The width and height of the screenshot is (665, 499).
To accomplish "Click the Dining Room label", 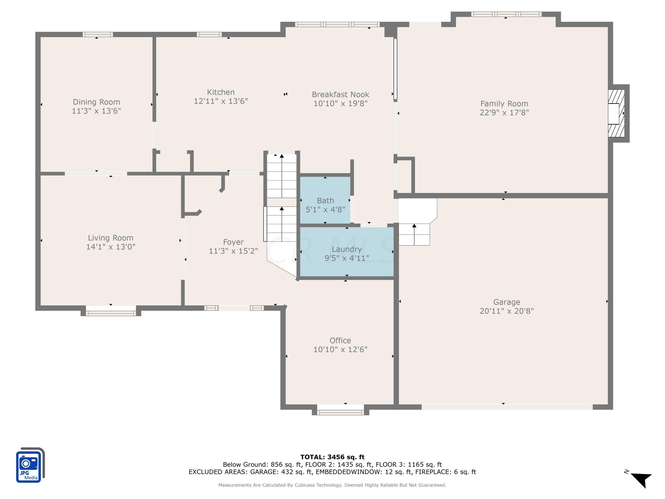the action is pyautogui.click(x=96, y=102).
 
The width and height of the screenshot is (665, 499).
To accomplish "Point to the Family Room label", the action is pyautogui.click(x=504, y=104).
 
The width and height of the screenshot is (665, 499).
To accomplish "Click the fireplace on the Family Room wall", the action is pyautogui.click(x=616, y=113).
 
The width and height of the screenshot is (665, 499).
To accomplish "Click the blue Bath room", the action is pyautogui.click(x=325, y=200).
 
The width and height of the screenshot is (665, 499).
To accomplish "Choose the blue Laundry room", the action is pyautogui.click(x=347, y=251).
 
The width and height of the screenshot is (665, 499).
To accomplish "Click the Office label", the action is pyautogui.click(x=340, y=340).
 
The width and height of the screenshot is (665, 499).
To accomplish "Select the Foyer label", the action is pyautogui.click(x=233, y=242).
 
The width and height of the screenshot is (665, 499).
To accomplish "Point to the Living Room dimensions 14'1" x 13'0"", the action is pyautogui.click(x=111, y=247).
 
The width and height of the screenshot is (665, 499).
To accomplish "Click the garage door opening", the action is pyautogui.click(x=507, y=407).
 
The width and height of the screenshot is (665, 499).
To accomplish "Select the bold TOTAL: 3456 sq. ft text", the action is pyautogui.click(x=332, y=457).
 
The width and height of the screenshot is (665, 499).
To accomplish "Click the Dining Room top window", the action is pyautogui.click(x=98, y=34).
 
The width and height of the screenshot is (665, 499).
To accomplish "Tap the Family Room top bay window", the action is pyautogui.click(x=506, y=14).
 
